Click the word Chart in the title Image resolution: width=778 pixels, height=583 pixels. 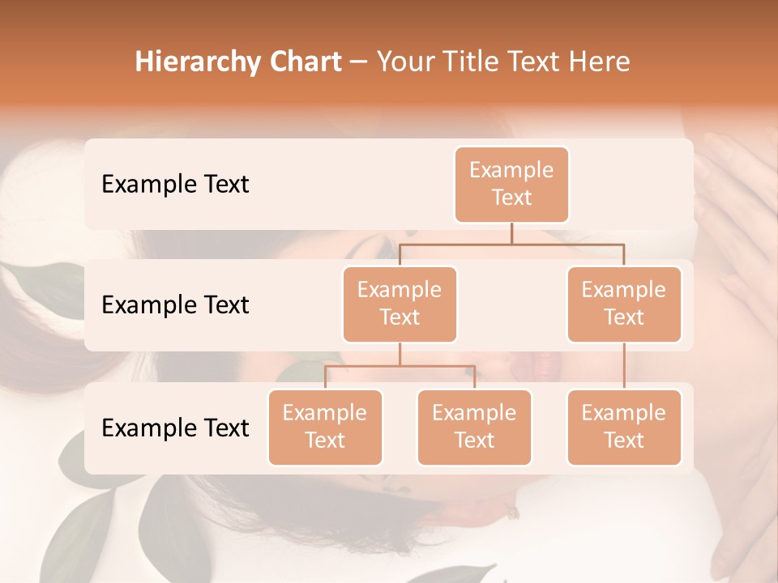pyautogui.click(x=302, y=62)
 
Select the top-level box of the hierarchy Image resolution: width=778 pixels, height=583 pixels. pyautogui.click(x=511, y=185)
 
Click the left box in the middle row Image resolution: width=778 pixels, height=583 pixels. pyautogui.click(x=400, y=304)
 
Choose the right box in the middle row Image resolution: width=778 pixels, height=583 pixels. pyautogui.click(x=624, y=304)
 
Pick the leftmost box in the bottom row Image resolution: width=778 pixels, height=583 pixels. pyautogui.click(x=325, y=428)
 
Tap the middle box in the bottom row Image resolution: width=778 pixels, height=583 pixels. pyautogui.click(x=474, y=428)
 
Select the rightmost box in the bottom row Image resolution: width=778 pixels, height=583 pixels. pyautogui.click(x=624, y=428)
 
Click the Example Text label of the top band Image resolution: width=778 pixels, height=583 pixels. pyautogui.click(x=175, y=185)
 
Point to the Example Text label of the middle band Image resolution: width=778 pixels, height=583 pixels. pyautogui.click(x=175, y=305)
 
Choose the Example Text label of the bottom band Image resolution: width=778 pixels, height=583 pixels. pyautogui.click(x=175, y=428)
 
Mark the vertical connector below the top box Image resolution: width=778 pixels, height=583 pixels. pyautogui.click(x=511, y=233)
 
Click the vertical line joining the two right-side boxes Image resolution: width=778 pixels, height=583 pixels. pyautogui.click(x=624, y=366)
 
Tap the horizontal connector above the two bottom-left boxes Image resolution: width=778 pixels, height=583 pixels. pyautogui.click(x=400, y=366)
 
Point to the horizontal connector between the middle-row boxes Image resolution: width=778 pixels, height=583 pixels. pyautogui.click(x=511, y=243)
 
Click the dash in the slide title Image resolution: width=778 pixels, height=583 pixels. pyautogui.click(x=359, y=62)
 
